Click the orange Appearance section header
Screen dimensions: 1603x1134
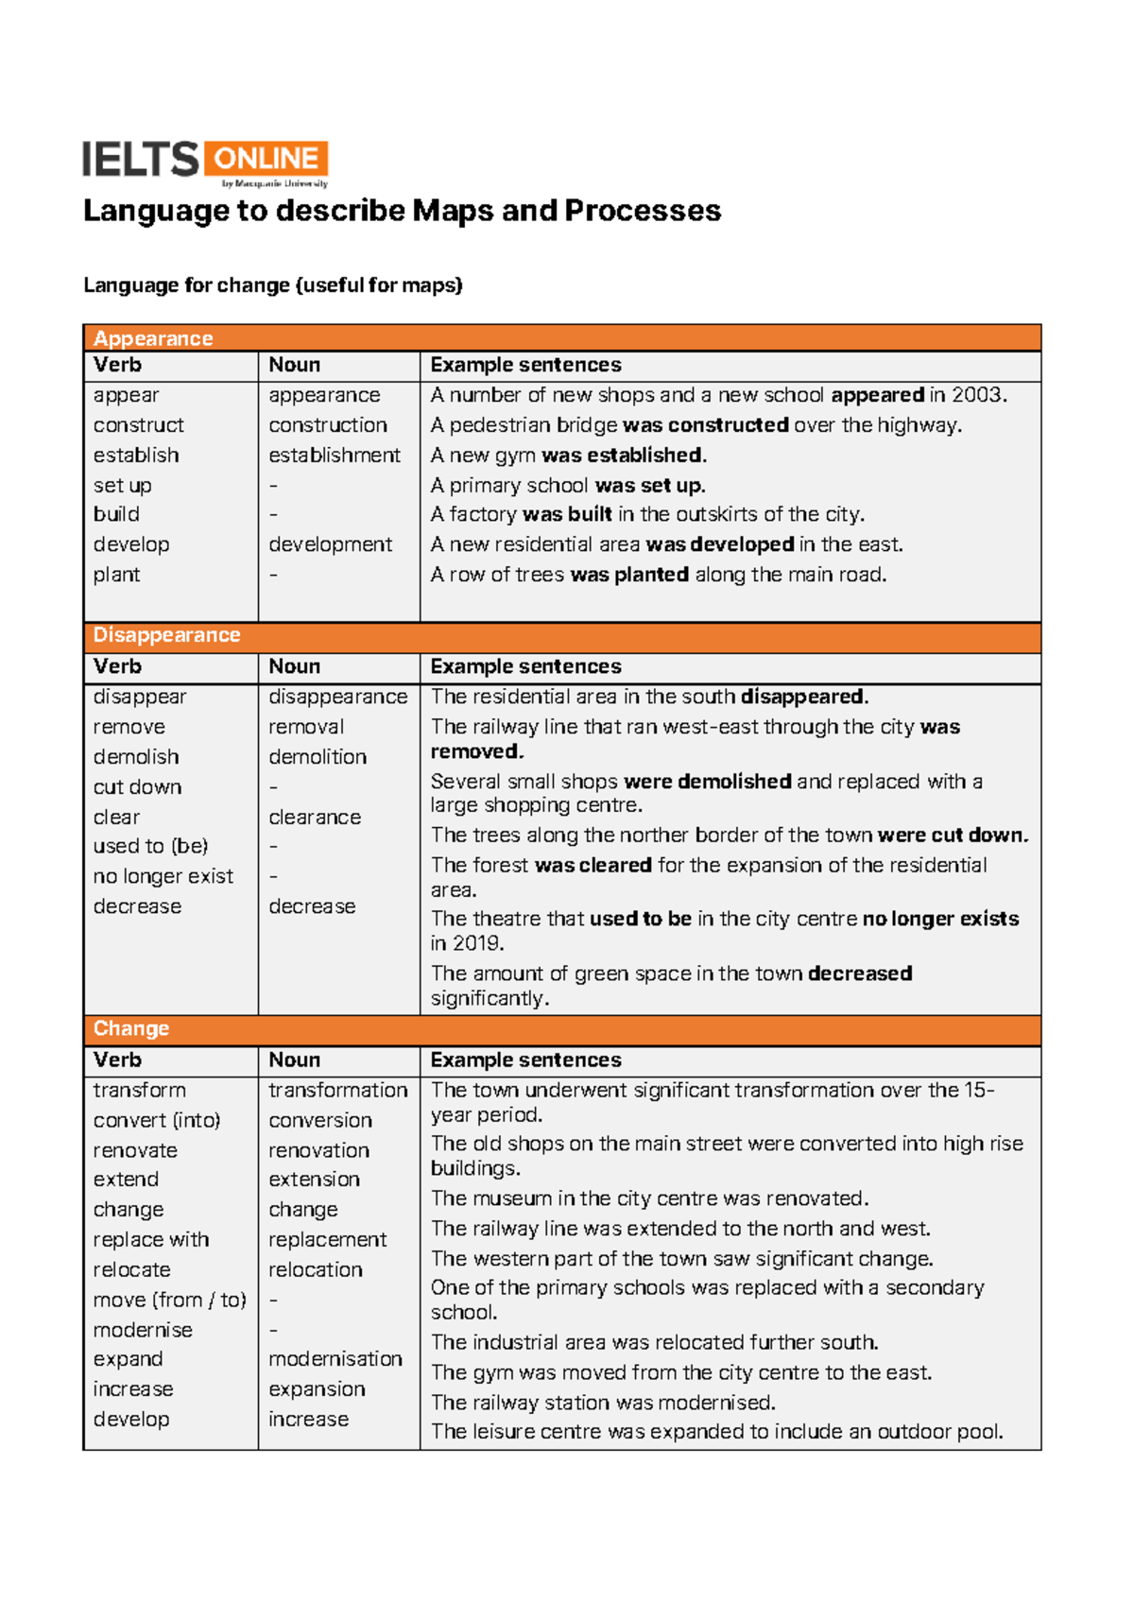561,338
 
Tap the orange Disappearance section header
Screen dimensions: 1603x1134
561,636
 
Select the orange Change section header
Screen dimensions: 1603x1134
561,1029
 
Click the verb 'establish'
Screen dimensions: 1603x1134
136,456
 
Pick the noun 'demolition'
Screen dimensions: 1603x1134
317,757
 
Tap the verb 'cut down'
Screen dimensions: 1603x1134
137,787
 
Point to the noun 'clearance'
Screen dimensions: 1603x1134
314,818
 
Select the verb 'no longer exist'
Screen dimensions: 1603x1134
163,877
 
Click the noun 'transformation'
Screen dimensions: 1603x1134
337,1091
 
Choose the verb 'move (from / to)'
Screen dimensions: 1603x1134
169,1301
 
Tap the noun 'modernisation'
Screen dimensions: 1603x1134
335,1359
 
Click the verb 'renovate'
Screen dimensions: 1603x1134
135,1151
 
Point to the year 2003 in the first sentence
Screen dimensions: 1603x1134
977,395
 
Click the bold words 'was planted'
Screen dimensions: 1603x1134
629,575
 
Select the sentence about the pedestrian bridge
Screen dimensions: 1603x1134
696,425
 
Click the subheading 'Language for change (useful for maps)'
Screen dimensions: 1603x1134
273,285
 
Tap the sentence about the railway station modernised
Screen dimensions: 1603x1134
603,1403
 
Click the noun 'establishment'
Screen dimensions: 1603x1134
334,456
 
